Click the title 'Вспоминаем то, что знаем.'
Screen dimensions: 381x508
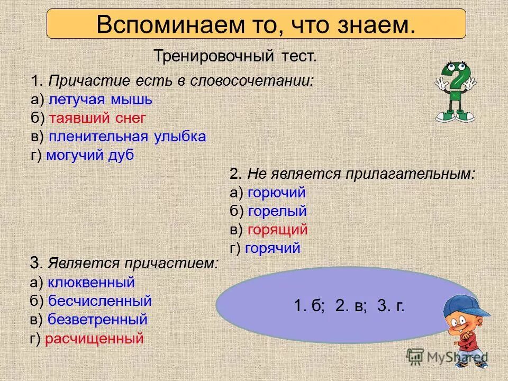click(x=256, y=24)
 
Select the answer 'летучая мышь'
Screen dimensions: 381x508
click(x=101, y=99)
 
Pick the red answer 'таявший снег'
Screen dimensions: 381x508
click(x=96, y=118)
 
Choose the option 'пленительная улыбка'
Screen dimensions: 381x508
click(x=127, y=137)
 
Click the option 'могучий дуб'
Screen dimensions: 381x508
click(x=90, y=155)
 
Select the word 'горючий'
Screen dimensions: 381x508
click(x=276, y=193)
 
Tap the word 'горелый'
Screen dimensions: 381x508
click(x=277, y=212)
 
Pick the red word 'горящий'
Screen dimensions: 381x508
click(x=277, y=230)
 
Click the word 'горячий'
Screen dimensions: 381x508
click(x=274, y=248)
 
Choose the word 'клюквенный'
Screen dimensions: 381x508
click(x=91, y=283)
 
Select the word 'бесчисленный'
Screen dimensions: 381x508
click(x=99, y=301)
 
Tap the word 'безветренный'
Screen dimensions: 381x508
click(x=97, y=320)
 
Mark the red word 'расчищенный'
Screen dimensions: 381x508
click(x=94, y=339)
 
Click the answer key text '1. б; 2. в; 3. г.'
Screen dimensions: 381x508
click(x=349, y=306)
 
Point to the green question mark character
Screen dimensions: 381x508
click(x=456, y=90)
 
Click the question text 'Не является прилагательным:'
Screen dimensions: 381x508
click(x=360, y=175)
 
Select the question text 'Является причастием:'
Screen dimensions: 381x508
click(x=132, y=263)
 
